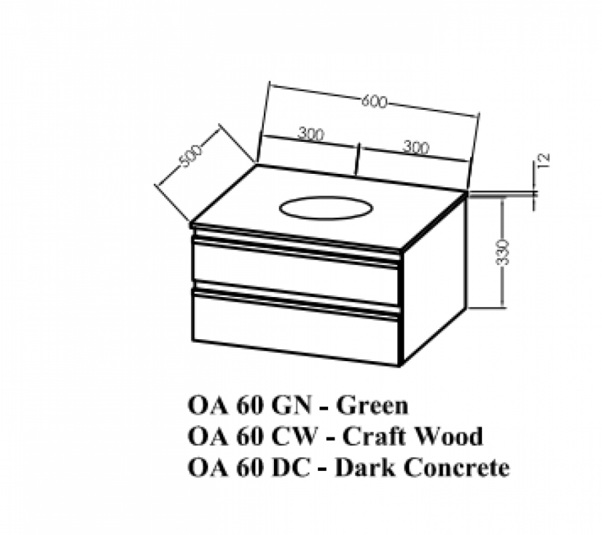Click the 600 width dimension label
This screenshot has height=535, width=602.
(374, 102)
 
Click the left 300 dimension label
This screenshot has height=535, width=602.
(311, 134)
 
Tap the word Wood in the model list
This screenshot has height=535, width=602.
(448, 436)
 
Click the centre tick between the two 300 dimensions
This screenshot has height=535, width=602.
(359, 158)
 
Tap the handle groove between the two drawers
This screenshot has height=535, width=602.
(295, 295)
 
